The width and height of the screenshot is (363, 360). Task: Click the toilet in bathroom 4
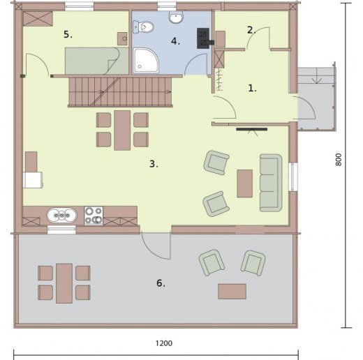[x=144, y=27]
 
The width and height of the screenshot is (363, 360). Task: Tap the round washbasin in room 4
[x=176, y=17]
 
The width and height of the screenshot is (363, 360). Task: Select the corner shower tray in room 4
[x=146, y=61]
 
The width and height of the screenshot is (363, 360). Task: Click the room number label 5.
[x=68, y=35]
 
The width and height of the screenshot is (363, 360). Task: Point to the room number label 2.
[x=251, y=30]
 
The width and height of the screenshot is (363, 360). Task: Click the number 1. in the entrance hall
[x=253, y=88]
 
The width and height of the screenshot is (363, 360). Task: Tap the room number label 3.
[x=154, y=164]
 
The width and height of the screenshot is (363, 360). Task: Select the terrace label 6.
[x=161, y=283]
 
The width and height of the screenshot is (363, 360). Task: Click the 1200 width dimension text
[x=164, y=343]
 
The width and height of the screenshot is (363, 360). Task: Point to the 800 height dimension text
[x=339, y=160]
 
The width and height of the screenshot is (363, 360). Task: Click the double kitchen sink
[x=61, y=215]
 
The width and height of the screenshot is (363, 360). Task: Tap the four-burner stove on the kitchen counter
[x=94, y=216]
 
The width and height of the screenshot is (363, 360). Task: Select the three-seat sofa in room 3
[x=271, y=183]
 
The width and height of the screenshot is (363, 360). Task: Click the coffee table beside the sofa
[x=245, y=183]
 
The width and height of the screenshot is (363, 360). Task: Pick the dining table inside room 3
[x=122, y=130]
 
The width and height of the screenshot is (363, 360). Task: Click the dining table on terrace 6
[x=64, y=283]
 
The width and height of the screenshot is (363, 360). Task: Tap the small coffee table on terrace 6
[x=232, y=291]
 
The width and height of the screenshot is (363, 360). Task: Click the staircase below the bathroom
[x=120, y=91]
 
